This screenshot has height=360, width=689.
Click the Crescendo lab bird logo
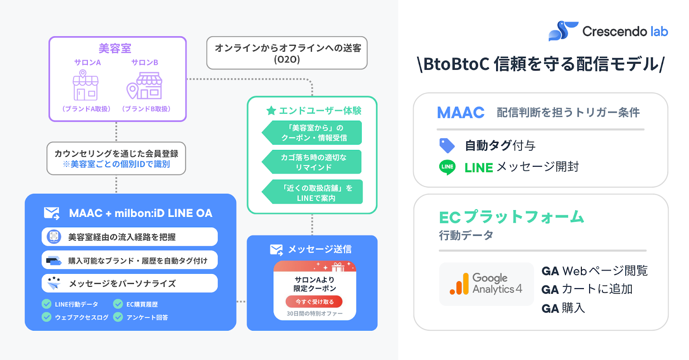coord(563,31)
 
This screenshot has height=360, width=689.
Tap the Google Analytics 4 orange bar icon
coord(459,284)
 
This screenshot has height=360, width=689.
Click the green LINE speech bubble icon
coord(447,167)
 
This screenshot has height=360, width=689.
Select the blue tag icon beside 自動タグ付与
coord(447,146)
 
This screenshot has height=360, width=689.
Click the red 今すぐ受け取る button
coord(314,301)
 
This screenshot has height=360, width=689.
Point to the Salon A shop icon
coord(86,85)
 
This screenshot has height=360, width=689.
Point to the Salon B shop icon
coord(144,86)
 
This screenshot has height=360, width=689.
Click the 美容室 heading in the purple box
coord(115,48)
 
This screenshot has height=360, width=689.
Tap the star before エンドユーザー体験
coord(271,111)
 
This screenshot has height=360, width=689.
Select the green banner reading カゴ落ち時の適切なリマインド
coord(313,162)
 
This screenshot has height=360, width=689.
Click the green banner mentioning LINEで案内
coord(314,192)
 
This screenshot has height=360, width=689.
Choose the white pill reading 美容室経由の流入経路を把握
coord(130,237)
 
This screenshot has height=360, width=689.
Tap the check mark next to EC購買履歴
coord(118,304)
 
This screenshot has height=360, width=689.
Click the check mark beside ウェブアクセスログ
coord(47,317)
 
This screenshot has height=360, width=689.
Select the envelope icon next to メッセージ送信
coord(276,250)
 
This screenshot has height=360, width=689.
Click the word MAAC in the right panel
coord(460,112)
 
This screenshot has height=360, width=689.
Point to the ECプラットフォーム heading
coord(511,217)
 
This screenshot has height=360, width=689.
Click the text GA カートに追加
coord(587,289)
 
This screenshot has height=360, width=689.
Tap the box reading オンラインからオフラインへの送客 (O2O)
coord(287,53)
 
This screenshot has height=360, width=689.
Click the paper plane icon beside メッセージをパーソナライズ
coord(54,283)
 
